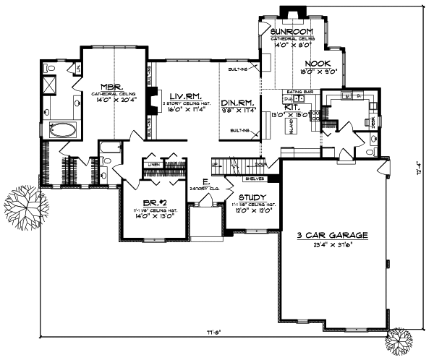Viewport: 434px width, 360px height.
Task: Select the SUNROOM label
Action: [x=291, y=33]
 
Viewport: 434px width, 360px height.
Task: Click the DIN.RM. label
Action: [x=237, y=101]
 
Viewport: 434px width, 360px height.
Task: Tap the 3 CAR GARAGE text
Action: [x=333, y=236]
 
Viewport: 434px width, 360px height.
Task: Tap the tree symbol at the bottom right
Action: [x=402, y=340]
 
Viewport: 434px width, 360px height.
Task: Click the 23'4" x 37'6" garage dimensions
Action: [x=333, y=245]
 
